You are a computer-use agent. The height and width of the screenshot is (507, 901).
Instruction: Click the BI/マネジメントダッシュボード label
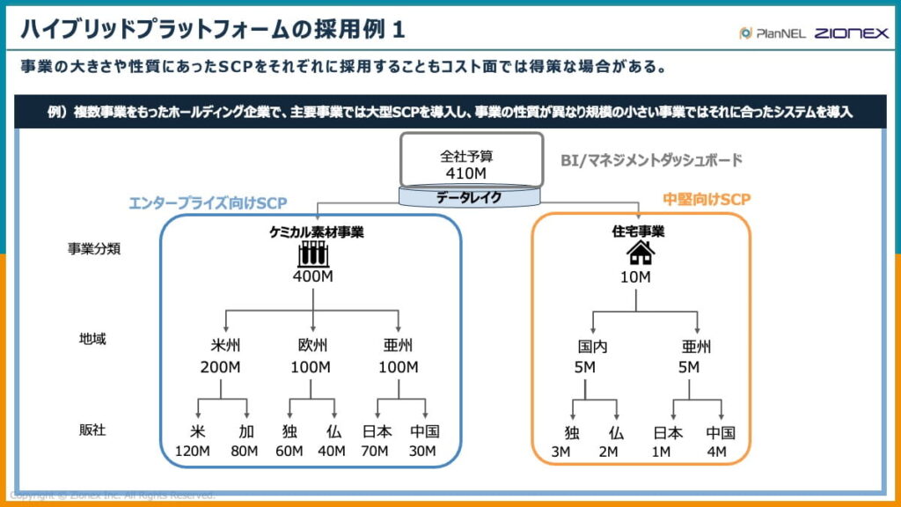pos(651,160)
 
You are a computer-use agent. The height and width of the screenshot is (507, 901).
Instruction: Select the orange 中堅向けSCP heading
pos(706,200)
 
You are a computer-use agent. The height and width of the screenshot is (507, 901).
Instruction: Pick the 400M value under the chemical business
pos(314,277)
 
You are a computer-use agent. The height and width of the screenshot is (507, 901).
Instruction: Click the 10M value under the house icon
pos(635,277)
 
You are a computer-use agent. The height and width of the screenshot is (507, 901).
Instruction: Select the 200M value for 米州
pos(218,367)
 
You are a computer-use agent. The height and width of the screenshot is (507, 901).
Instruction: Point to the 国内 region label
pos(584,346)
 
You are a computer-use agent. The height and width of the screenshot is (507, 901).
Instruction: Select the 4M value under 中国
pos(716,452)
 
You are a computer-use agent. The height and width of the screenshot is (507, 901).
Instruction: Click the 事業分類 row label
pos(94,248)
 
